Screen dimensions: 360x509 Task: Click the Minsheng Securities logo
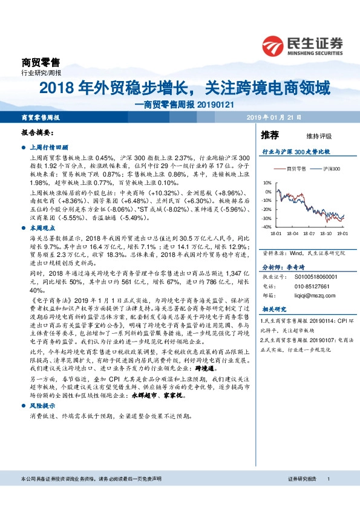[303, 46]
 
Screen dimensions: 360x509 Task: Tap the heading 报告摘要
[37, 131]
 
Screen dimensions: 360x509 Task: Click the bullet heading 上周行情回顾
[49, 146]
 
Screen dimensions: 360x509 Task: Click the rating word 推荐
[270, 134]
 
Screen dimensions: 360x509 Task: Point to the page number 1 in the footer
[327, 495]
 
